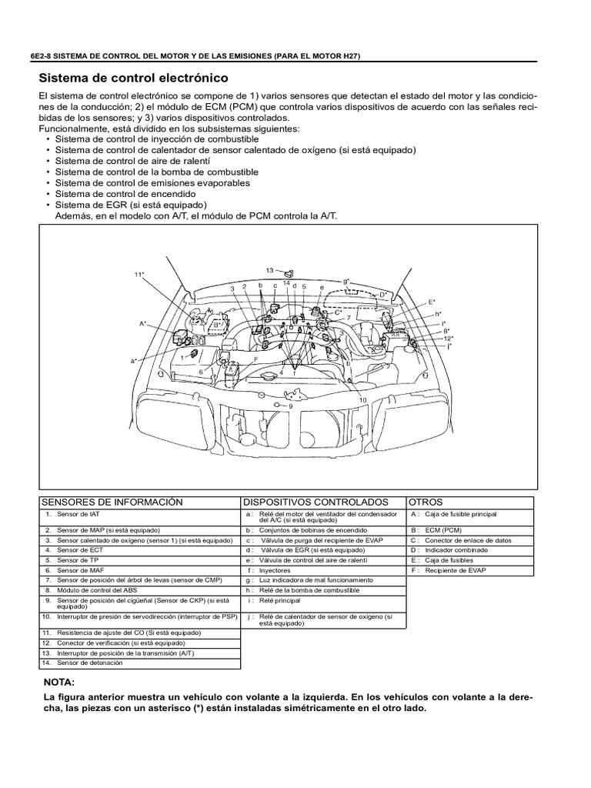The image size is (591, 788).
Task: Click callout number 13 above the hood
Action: [x=270, y=271]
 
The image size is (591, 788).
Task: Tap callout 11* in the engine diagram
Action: [x=139, y=275]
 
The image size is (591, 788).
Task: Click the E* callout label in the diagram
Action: [x=432, y=302]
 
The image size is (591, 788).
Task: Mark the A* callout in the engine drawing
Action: [x=143, y=324]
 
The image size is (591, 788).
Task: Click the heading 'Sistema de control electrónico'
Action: [x=133, y=78]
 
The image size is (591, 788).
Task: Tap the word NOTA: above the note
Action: [x=61, y=683]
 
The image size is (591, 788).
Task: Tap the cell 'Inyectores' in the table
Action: [x=275, y=570]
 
